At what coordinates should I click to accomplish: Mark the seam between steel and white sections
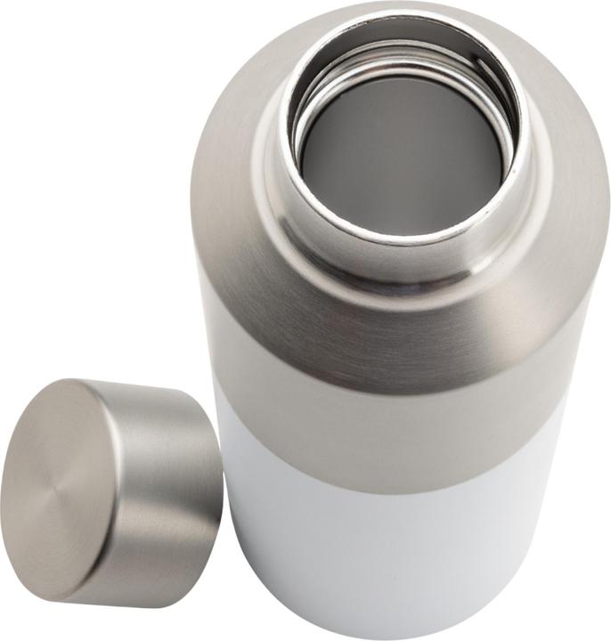392,485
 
